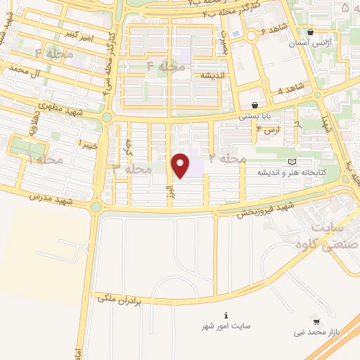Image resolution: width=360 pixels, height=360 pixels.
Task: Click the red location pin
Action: click(181, 165)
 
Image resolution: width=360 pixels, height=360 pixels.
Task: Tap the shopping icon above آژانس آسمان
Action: click(311, 32)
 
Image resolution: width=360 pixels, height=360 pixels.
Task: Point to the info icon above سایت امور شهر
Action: click(225, 314)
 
